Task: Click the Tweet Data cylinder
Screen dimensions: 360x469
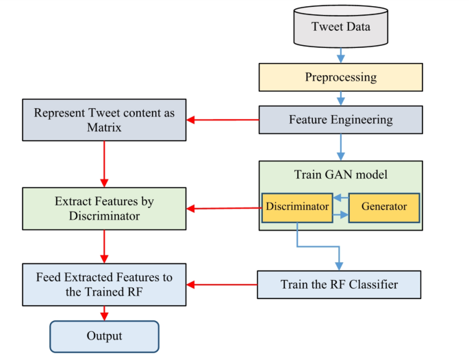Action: point(340,27)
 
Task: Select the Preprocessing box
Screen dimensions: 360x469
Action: point(340,77)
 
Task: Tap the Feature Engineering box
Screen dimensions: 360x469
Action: point(340,120)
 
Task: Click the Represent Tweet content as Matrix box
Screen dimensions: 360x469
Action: point(104,120)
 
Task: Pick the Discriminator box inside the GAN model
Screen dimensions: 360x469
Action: point(296,207)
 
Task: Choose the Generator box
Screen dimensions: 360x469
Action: point(383,207)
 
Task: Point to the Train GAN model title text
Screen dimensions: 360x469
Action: point(340,175)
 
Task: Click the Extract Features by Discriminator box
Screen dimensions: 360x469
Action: point(104,208)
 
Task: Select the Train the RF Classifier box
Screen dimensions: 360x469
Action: point(339,284)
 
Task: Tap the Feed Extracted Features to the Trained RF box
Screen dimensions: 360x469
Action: point(104,284)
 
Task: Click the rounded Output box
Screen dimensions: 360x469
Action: point(104,336)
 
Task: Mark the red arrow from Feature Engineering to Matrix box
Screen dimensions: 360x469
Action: point(223,120)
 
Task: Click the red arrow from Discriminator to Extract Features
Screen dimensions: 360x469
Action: point(224,208)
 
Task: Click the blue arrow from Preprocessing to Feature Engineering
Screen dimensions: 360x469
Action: point(340,99)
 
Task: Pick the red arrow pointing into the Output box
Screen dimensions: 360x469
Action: point(104,313)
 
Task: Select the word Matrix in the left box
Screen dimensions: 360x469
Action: point(104,127)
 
